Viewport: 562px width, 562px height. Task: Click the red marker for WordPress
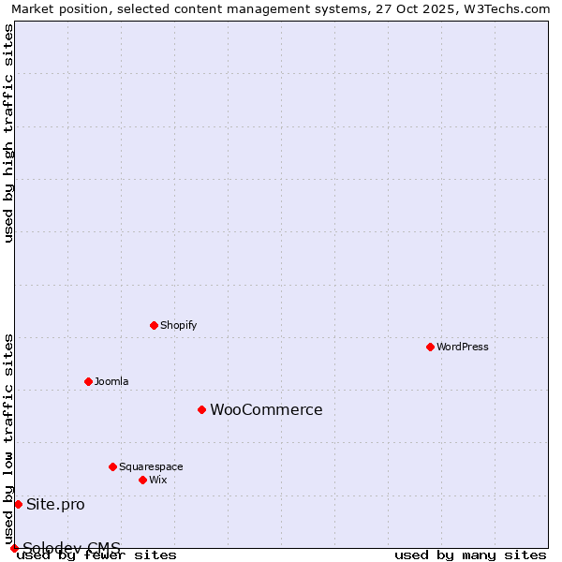430,347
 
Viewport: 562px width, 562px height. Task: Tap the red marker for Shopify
154,325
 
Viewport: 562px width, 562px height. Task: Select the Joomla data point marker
88,381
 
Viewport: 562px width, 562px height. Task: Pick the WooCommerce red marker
201,409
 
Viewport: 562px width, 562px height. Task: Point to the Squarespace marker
112,466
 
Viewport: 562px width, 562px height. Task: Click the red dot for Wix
142,480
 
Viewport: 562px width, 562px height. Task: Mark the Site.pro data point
18,504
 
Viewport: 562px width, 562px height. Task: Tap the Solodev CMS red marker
14,548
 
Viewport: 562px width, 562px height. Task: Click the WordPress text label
463,347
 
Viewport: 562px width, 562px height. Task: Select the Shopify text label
179,325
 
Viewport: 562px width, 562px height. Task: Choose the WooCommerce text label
266,409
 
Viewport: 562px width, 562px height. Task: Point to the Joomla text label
111,381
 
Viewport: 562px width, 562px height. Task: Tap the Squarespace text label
151,466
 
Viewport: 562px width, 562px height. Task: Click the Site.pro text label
55,504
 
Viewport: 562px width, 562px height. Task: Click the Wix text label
158,480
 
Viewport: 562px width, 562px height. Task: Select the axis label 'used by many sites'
470,555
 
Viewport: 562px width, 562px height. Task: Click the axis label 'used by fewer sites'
97,555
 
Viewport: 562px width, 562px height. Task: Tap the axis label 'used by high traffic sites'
9,133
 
